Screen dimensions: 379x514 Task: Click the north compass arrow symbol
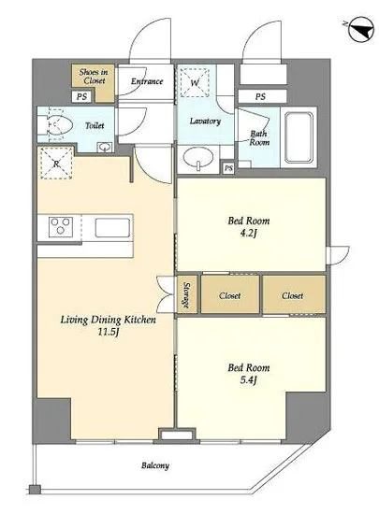(360, 30)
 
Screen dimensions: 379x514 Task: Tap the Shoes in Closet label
(94, 76)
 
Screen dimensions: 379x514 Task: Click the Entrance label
(147, 81)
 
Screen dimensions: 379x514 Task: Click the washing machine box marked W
(195, 82)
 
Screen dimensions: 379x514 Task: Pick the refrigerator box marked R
(56, 164)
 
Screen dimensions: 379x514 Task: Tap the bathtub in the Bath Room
(299, 137)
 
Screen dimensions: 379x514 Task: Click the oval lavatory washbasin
(197, 158)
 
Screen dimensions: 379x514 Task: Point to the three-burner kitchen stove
(61, 226)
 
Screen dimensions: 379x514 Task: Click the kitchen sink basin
(112, 227)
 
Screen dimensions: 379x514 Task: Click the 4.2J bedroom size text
(248, 233)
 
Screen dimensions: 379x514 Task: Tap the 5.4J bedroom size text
(248, 380)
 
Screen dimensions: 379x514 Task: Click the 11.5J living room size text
(108, 332)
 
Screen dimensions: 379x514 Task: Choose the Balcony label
(155, 465)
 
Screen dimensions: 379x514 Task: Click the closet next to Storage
(230, 294)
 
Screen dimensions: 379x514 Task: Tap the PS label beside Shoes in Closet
(81, 96)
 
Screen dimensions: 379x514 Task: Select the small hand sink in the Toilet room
(105, 147)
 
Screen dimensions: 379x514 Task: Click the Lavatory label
(205, 121)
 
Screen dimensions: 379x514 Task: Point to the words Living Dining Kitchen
(108, 320)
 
